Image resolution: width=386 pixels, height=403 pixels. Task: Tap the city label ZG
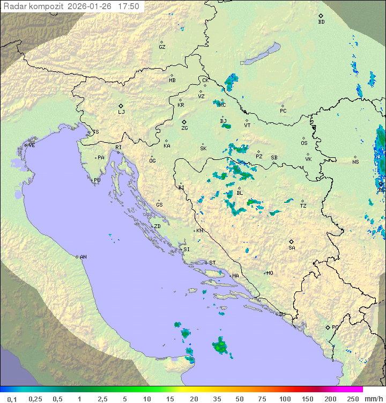(184, 128)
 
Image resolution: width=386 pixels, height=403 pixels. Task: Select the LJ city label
(121, 112)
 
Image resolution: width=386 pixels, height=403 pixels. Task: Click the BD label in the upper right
(321, 22)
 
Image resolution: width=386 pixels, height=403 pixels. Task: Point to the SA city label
(292, 248)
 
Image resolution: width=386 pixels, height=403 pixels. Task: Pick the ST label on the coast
(212, 263)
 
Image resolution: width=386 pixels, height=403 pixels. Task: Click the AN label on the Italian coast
(83, 257)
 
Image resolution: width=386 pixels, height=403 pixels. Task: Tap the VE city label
(32, 145)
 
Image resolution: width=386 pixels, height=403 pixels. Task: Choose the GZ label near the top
(162, 47)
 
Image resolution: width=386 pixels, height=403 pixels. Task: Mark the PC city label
(283, 111)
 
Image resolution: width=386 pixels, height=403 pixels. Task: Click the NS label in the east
(355, 162)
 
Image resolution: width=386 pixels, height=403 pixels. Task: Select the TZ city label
(303, 206)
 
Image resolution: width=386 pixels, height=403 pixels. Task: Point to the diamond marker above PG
(328, 327)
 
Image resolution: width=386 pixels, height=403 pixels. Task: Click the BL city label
(240, 193)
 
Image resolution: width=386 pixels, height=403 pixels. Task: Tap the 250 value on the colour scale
(353, 399)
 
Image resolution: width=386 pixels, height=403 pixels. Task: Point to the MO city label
(270, 273)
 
